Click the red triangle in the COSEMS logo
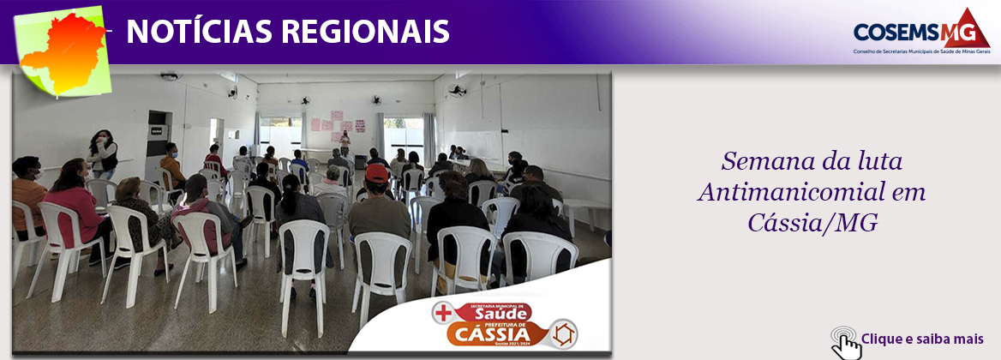pos(966,28)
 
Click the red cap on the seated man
pos(376,174)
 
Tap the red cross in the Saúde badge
pos(444,314)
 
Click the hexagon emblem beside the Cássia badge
pos(564,333)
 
